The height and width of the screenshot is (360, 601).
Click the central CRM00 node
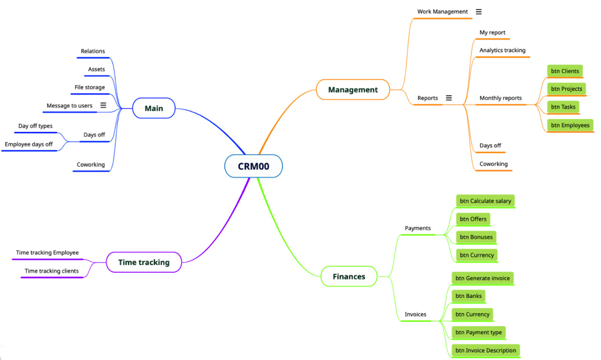[x=253, y=166]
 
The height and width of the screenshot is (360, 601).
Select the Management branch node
[x=353, y=90]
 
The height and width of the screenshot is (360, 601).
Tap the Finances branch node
[x=349, y=277]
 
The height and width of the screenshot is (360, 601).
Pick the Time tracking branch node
[x=144, y=262]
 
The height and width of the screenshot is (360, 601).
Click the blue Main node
[x=154, y=108]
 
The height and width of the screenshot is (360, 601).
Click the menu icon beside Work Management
[x=479, y=11]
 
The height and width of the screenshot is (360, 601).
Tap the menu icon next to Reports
[x=448, y=98]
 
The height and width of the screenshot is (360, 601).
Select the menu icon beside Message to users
[x=103, y=106]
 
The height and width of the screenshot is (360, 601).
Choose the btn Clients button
[x=565, y=71]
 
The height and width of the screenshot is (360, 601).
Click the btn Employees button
[x=570, y=125]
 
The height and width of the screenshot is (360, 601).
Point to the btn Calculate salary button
[x=485, y=201]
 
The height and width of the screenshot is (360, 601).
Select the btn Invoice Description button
[x=486, y=351]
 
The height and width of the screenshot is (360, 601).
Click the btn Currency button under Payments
[x=477, y=255]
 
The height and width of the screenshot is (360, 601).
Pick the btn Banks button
[x=468, y=296]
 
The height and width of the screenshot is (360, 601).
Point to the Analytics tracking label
[x=502, y=50]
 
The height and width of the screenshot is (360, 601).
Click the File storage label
[x=89, y=87]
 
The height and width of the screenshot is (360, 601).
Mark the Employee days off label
[x=29, y=144]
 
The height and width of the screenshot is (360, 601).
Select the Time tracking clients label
[x=51, y=271]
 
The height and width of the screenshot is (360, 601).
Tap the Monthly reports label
[x=500, y=98]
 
